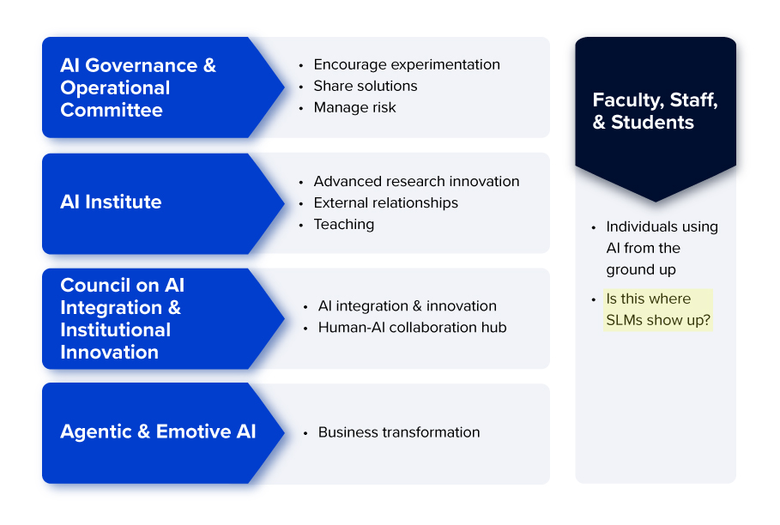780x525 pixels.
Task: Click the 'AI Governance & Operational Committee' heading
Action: [x=138, y=87]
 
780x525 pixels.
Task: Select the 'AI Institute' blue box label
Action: [x=111, y=202]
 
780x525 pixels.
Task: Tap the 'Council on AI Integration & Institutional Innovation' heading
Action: [x=122, y=318]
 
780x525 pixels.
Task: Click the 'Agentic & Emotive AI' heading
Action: [x=158, y=431]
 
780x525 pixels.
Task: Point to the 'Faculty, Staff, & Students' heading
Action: [x=655, y=112]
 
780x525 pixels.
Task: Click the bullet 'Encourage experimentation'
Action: [x=407, y=64]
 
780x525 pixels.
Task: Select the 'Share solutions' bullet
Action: [x=366, y=86]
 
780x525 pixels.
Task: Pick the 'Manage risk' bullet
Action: [x=355, y=107]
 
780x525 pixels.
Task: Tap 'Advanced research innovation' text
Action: [x=416, y=181]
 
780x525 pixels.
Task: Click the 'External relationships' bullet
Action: [x=386, y=202]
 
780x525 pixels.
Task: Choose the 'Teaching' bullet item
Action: [x=344, y=224]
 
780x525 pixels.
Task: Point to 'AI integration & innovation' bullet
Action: [x=408, y=305]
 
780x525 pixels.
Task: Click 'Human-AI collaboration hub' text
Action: [x=413, y=327]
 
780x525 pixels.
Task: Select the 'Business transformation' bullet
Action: [x=399, y=432]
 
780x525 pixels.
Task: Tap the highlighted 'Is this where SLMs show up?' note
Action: [x=659, y=310]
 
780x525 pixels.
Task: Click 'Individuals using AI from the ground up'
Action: [x=662, y=248]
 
